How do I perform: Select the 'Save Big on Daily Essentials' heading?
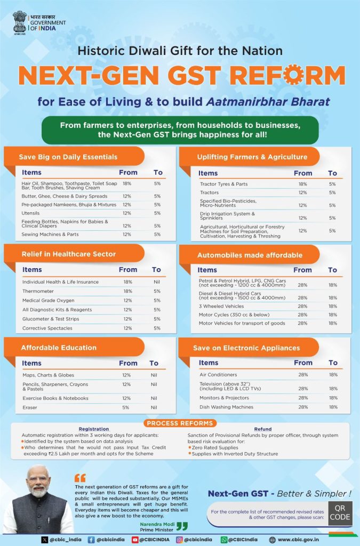click(68, 157)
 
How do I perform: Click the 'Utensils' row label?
click(30, 213)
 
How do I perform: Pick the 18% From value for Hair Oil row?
click(127, 183)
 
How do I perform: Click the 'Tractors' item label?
click(209, 192)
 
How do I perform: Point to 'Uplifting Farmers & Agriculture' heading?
click(252, 157)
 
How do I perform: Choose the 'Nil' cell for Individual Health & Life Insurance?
click(157, 282)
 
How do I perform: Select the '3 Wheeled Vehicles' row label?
click(221, 306)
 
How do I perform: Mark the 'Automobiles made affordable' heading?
click(250, 255)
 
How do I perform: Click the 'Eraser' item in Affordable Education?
click(29, 407)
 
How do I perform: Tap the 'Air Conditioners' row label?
click(218, 375)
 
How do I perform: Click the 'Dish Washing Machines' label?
click(226, 407)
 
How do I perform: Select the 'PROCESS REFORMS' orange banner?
click(180, 423)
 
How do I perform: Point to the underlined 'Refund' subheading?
click(263, 429)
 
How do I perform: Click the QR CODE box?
click(340, 513)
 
